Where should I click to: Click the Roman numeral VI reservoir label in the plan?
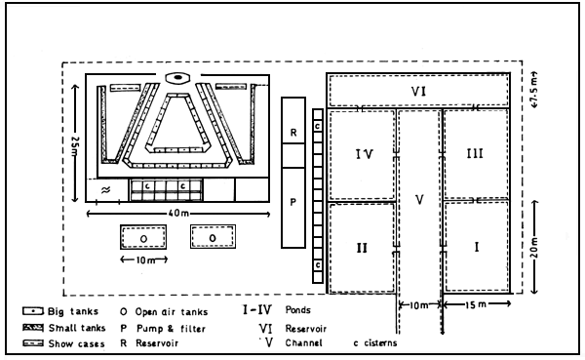pyautogui.click(x=418, y=92)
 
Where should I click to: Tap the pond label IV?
pyautogui.click(x=362, y=153)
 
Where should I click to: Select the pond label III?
pyautogui.click(x=476, y=154)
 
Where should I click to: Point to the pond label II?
pyautogui.click(x=361, y=247)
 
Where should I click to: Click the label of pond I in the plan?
pyautogui.click(x=477, y=247)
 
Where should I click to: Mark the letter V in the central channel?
pyautogui.click(x=419, y=201)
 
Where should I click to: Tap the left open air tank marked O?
pyautogui.click(x=143, y=237)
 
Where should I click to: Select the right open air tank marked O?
pyautogui.click(x=212, y=237)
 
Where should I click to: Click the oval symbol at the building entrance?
pyautogui.click(x=177, y=78)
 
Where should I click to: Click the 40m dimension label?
pyautogui.click(x=177, y=213)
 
